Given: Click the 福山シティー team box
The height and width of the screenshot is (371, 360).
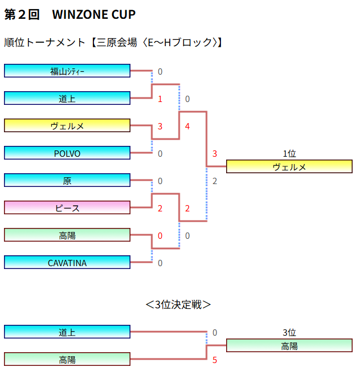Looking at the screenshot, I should [67, 71].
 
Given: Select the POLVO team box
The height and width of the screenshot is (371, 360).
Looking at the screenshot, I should [67, 153].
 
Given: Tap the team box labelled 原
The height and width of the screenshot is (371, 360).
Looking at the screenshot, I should [67, 180].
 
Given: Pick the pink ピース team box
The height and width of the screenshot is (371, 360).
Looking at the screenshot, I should [67, 207].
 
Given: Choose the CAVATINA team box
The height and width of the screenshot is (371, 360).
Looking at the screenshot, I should [67, 262].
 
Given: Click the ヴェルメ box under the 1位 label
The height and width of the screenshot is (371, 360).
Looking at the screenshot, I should [289, 166].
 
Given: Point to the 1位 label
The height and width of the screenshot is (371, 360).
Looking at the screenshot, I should [289, 154].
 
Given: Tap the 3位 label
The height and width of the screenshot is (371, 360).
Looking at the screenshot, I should [289, 333].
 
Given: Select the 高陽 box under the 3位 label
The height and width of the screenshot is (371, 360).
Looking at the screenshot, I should [289, 345].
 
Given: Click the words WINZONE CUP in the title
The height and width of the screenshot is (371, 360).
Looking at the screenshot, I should [94, 15].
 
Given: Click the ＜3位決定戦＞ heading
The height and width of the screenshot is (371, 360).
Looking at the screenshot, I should [178, 304].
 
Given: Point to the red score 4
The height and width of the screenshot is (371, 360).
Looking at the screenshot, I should [187, 126].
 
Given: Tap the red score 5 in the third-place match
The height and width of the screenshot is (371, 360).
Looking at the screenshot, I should [215, 360].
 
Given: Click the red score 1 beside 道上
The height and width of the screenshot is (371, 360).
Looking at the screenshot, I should [160, 99].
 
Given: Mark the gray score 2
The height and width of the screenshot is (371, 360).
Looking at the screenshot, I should [215, 181].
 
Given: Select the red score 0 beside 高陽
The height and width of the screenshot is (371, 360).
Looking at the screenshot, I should [160, 235].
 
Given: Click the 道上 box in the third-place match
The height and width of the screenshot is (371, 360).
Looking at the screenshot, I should [67, 332].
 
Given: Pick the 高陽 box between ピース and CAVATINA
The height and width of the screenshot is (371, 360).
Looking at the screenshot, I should [67, 235].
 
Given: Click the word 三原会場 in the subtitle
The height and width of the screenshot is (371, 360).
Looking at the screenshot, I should [118, 43].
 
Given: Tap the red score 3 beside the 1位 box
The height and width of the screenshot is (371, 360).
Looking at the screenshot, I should [215, 154].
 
